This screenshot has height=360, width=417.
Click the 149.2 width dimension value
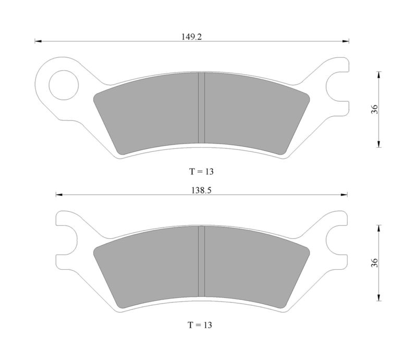coord(191,37)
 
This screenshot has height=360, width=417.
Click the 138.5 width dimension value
coord(201,190)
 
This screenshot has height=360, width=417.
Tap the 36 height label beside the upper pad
coord(374,109)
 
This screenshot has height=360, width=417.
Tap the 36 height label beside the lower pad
coord(374,263)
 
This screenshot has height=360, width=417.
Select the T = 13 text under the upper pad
coord(201,172)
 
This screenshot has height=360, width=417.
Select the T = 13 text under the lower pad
coord(200,325)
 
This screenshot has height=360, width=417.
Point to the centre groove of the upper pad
coord(201,108)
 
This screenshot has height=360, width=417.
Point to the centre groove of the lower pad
coord(201,261)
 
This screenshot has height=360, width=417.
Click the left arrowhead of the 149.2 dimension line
coord(38,41)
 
